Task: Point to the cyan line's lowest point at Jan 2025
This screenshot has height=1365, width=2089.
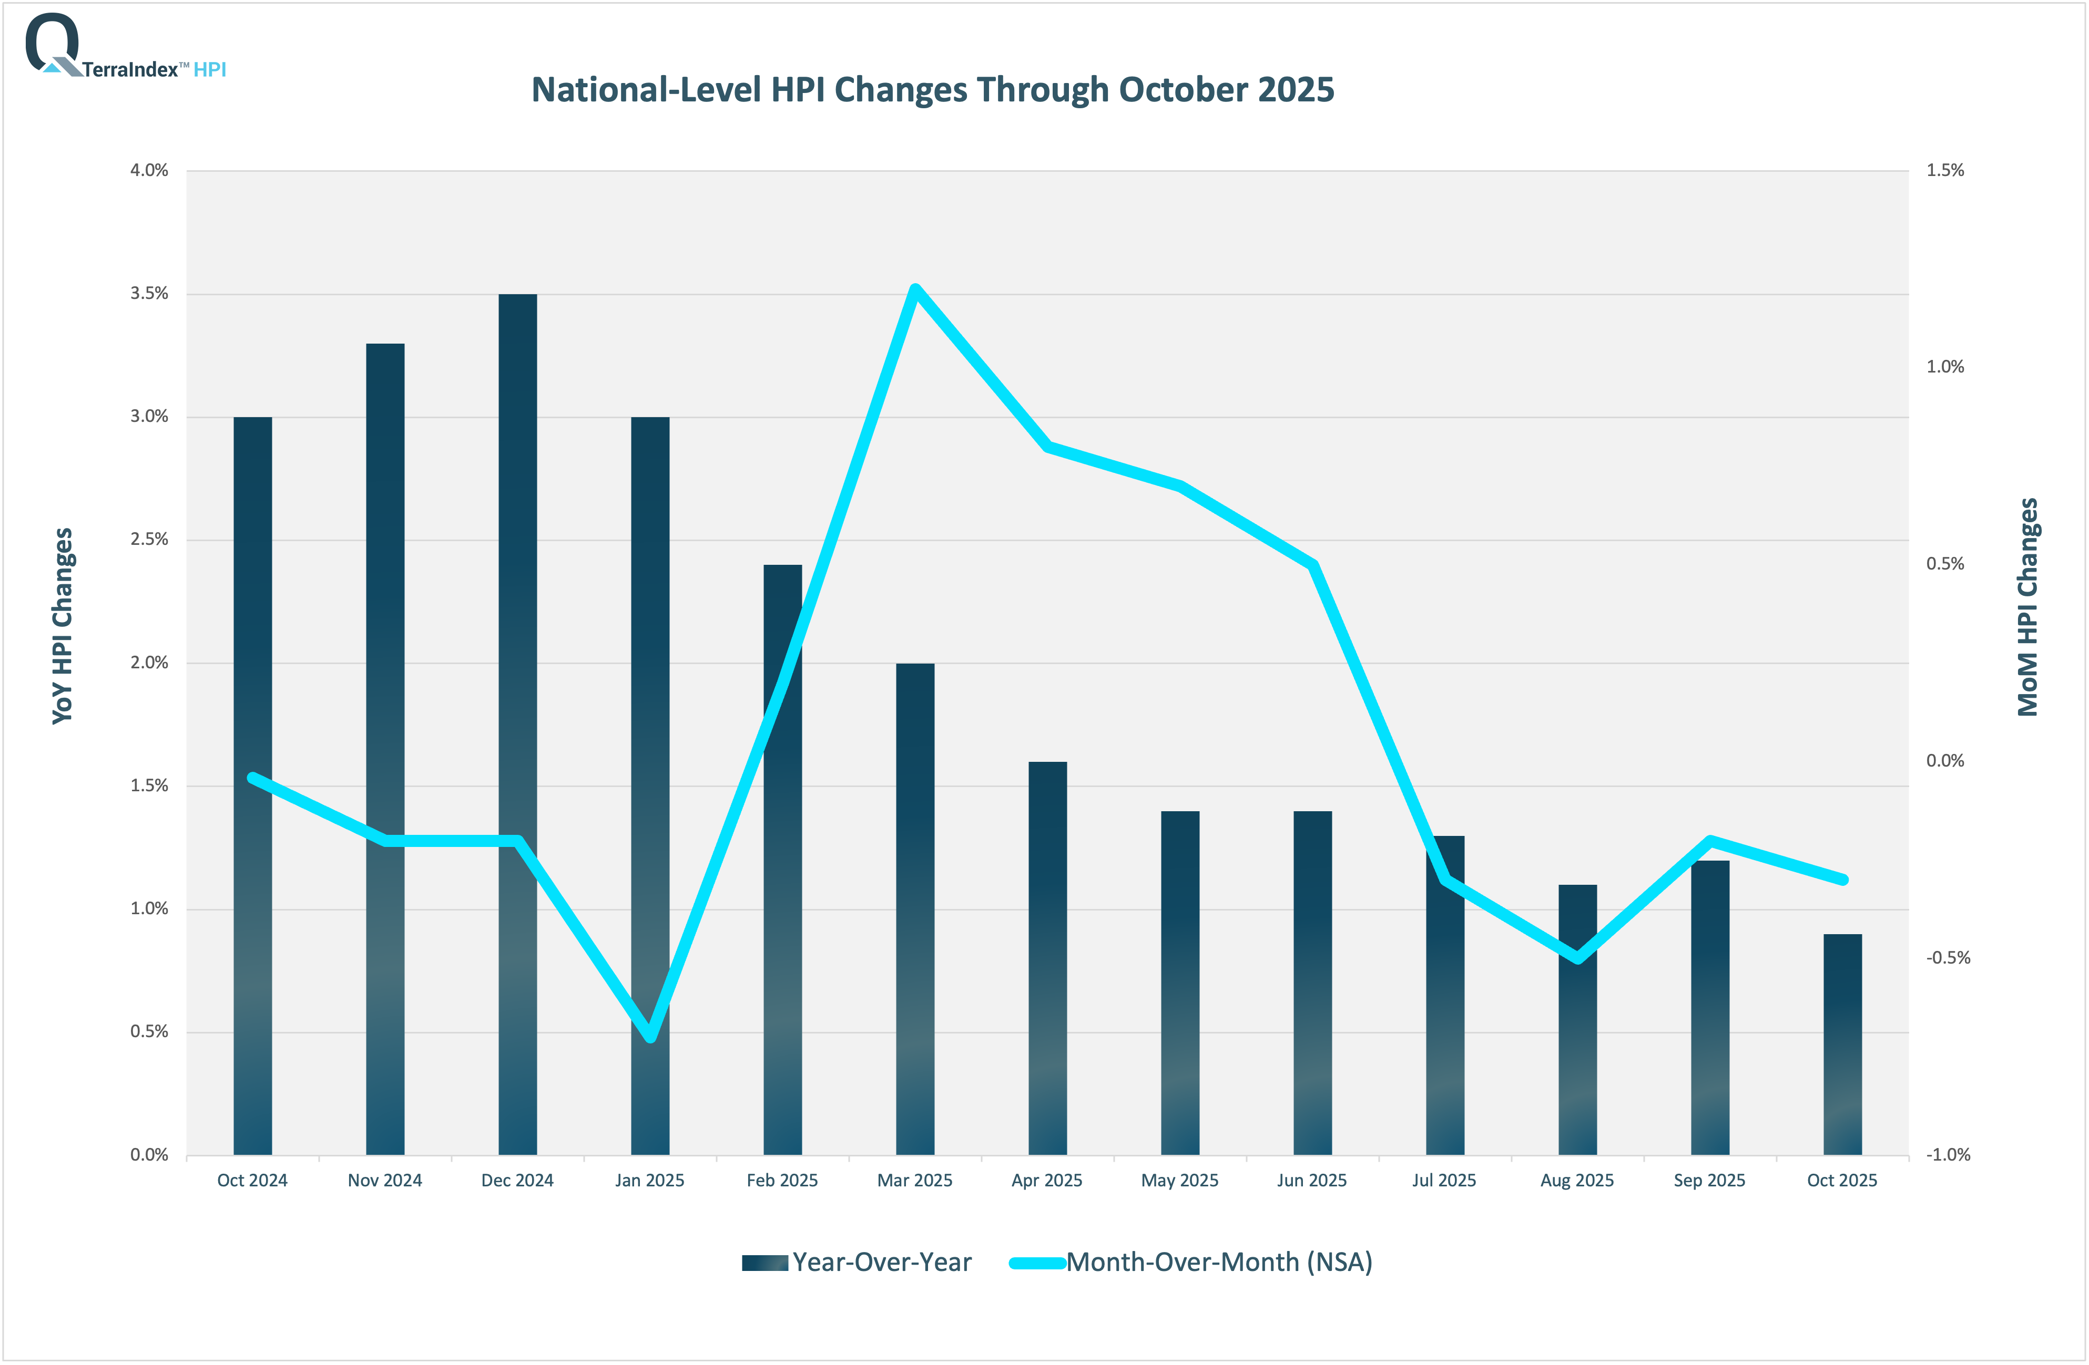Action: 649,1037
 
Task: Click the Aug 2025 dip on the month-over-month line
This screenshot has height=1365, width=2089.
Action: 1577,958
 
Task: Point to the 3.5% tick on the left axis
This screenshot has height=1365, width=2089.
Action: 149,293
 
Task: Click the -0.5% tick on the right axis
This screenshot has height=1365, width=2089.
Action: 1948,957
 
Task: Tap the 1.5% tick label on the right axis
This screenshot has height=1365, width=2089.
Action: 1944,170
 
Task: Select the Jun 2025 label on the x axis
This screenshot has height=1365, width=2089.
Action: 1311,1180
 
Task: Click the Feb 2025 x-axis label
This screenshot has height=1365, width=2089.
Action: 781,1180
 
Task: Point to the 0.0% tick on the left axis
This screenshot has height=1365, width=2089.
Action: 149,1154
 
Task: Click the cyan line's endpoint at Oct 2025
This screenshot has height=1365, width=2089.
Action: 1842,879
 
